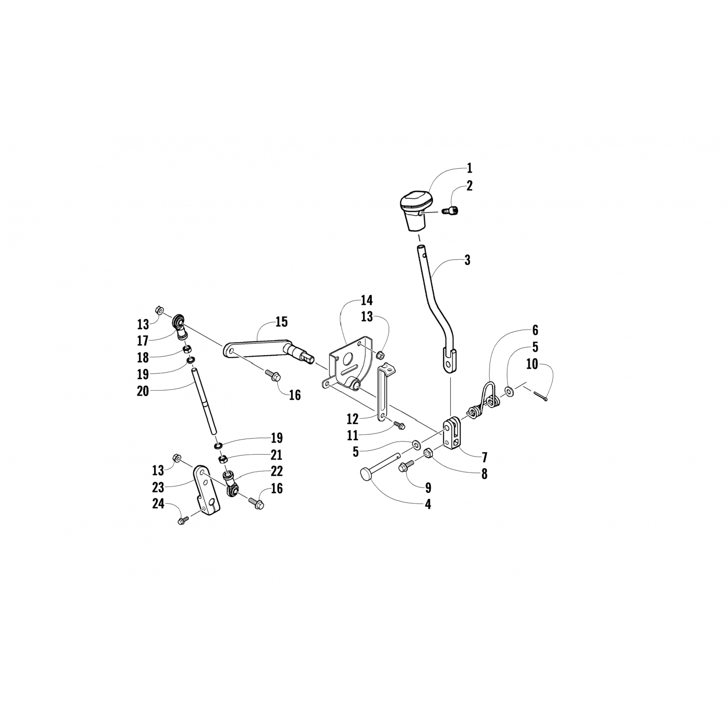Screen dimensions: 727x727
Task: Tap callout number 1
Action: coord(469,169)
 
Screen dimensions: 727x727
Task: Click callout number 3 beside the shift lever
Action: coord(467,260)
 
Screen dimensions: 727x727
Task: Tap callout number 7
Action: coord(484,457)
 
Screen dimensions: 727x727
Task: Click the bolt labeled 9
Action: coord(406,467)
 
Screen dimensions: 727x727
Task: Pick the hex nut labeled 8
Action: coord(428,453)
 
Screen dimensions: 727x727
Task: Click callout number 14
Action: coord(366,300)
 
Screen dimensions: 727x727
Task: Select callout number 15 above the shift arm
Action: coord(281,321)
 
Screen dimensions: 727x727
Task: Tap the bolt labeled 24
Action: coord(183,521)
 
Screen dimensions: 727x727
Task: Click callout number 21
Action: coord(276,455)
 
